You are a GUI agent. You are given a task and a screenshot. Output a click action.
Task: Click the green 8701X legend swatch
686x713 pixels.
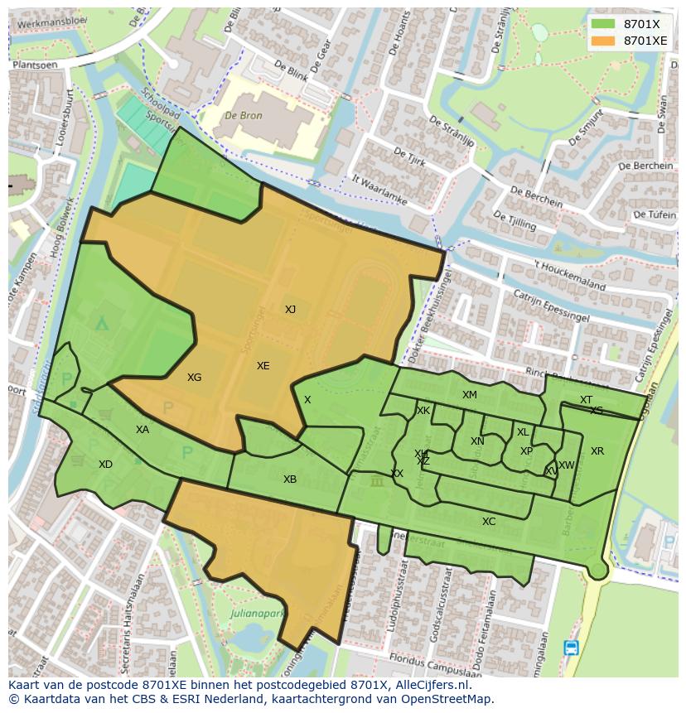(x=603, y=24)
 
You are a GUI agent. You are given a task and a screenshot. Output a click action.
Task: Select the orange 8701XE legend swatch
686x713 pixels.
(x=603, y=41)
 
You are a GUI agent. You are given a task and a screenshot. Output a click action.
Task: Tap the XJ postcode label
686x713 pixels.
(x=290, y=310)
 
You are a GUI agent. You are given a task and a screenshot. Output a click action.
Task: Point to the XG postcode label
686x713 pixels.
(x=194, y=378)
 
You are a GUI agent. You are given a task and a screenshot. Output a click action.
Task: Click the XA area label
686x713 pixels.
(x=143, y=430)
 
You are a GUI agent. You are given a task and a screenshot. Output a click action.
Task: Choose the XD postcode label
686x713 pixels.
(x=105, y=465)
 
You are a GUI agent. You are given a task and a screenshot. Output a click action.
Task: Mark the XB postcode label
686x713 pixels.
(x=289, y=479)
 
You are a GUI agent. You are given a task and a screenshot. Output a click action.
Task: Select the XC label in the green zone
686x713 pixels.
(x=489, y=522)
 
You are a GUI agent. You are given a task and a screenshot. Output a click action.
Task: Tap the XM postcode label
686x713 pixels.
(x=470, y=395)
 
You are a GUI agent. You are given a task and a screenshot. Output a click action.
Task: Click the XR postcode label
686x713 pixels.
(x=597, y=451)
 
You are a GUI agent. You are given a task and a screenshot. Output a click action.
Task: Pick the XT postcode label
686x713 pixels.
(x=586, y=400)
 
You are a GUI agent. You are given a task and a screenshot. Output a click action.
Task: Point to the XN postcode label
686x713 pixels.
(x=477, y=441)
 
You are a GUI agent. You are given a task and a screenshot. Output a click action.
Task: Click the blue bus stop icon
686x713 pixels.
(x=571, y=648)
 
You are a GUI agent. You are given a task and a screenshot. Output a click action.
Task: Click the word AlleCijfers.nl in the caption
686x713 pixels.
(x=432, y=686)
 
